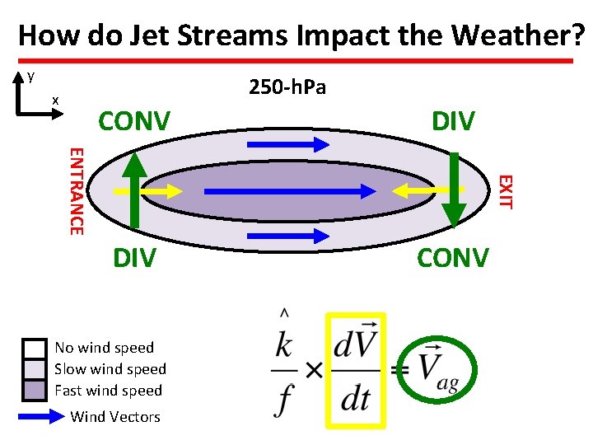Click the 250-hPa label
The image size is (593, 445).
(x=287, y=87)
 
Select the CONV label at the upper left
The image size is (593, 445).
(x=133, y=121)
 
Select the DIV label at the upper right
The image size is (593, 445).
(x=453, y=121)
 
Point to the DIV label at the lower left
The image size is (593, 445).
(x=133, y=258)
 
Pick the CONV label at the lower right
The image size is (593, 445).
(x=453, y=258)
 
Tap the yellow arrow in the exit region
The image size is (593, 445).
(x=420, y=190)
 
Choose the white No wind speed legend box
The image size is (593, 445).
(x=34, y=348)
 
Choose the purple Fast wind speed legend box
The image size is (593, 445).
(x=34, y=390)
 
